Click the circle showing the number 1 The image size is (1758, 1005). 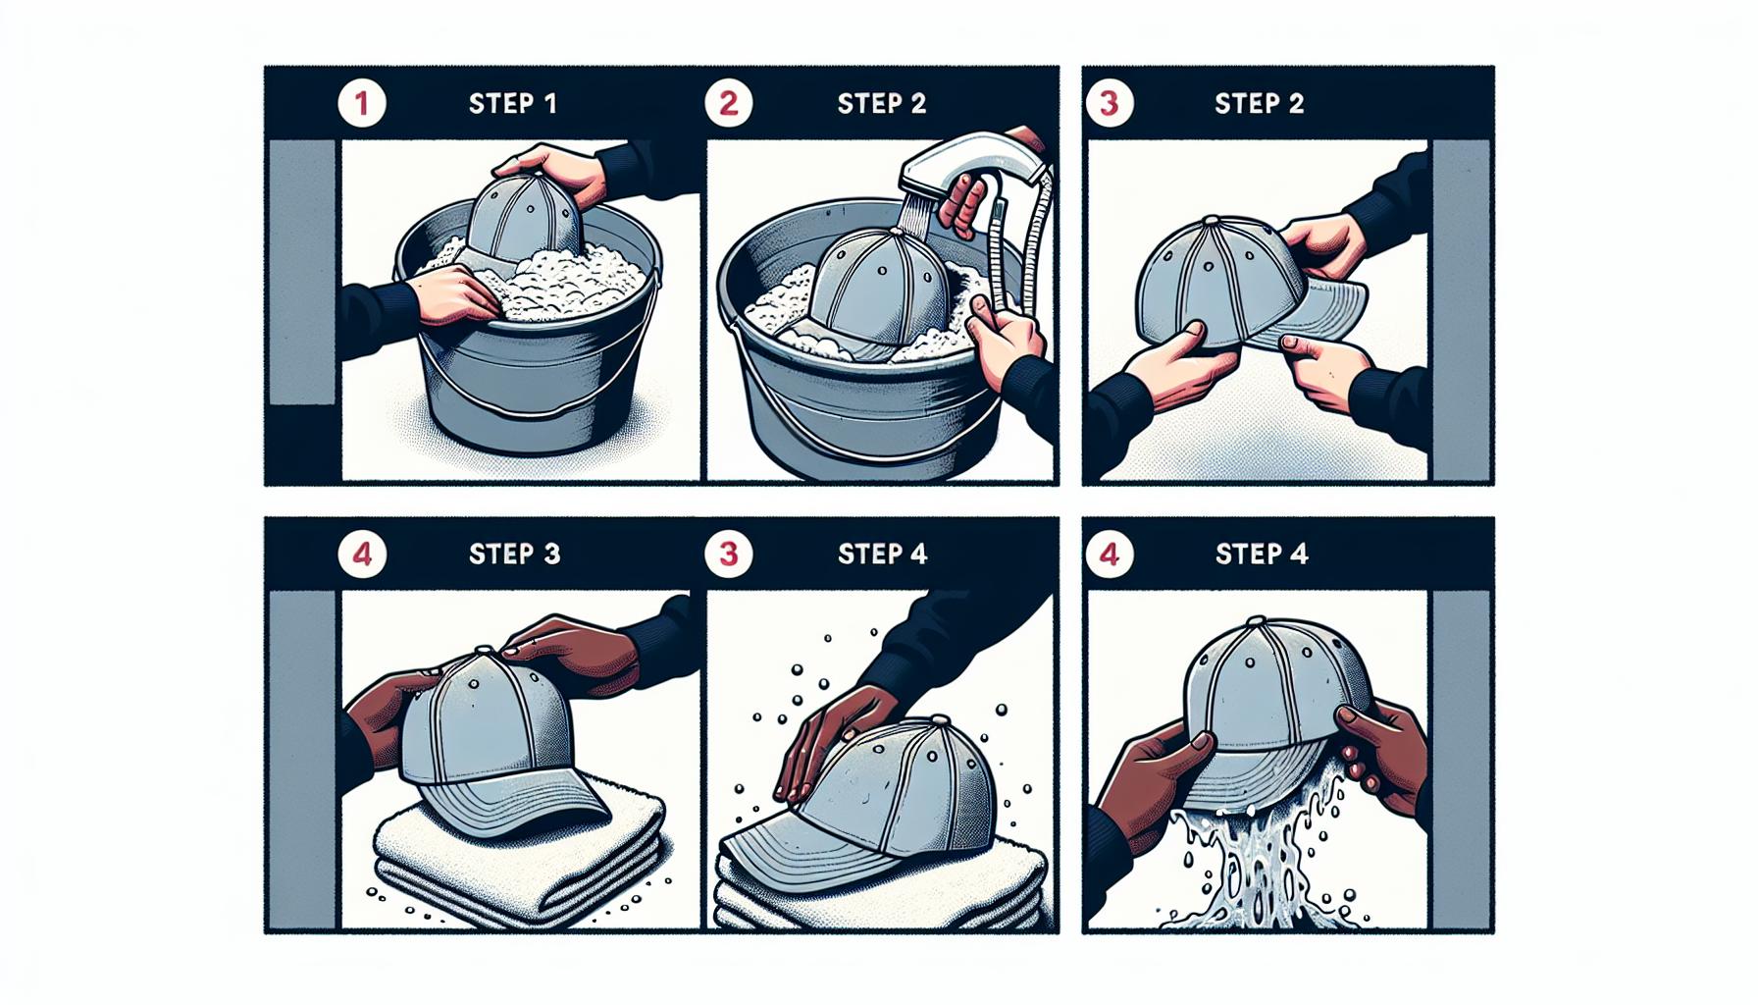tap(362, 103)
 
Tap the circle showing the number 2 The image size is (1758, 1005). tap(729, 103)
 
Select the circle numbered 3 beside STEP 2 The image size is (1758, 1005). tap(1110, 103)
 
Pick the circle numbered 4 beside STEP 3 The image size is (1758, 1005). tap(362, 555)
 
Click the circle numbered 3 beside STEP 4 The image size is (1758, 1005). tap(729, 555)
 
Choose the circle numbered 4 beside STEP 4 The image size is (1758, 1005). tap(1110, 555)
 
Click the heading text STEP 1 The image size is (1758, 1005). tap(513, 104)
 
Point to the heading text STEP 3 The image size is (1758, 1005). tap(514, 555)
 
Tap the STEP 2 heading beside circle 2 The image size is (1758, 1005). tap(882, 104)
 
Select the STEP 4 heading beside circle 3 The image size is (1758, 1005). tap(882, 555)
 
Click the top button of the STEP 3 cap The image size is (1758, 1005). tap(483, 651)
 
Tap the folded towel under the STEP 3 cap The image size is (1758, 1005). tap(520, 864)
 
